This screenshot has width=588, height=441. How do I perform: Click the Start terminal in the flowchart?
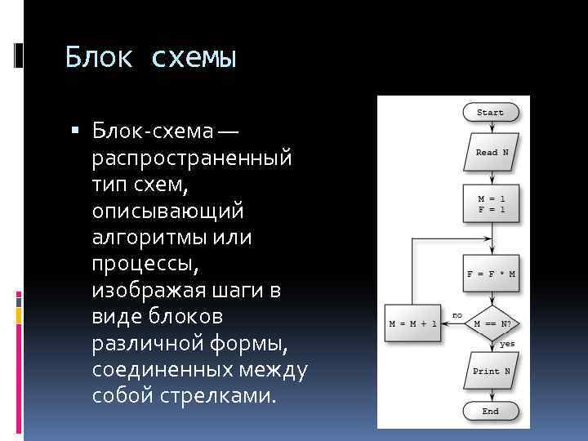(x=490, y=112)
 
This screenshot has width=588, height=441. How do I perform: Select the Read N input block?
(x=492, y=152)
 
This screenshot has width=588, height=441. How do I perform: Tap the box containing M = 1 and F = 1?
(x=491, y=203)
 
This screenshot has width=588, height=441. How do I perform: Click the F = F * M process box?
(x=491, y=274)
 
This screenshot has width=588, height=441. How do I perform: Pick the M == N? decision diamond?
(x=492, y=323)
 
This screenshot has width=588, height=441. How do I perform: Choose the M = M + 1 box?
(x=413, y=323)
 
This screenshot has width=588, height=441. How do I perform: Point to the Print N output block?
(x=491, y=370)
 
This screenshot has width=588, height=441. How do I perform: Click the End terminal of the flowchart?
(x=490, y=411)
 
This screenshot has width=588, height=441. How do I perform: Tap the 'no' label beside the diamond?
(x=457, y=314)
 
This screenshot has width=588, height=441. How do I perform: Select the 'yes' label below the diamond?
(x=507, y=344)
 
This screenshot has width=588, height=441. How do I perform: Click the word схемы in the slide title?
(x=194, y=58)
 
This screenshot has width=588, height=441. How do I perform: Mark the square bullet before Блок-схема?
(x=75, y=130)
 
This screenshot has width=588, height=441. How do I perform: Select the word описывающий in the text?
(x=167, y=210)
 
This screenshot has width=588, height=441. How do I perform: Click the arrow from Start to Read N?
(x=491, y=126)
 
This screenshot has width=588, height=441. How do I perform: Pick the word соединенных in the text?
(x=172, y=370)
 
